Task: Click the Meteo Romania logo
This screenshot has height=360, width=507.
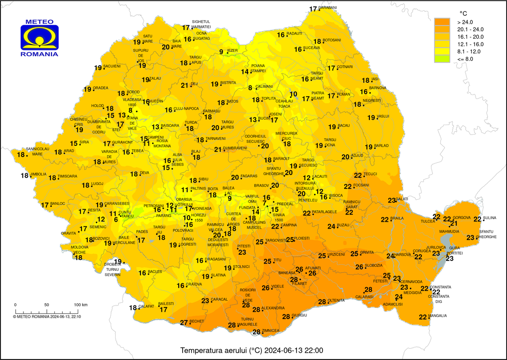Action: click(x=40, y=38)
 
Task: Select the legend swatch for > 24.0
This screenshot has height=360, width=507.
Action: click(x=442, y=22)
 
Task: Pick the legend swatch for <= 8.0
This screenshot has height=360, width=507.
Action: click(x=442, y=58)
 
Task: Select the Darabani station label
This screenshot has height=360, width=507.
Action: click(x=328, y=8)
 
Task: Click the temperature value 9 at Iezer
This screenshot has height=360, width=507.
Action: click(x=221, y=52)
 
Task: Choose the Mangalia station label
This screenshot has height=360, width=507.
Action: click(x=438, y=316)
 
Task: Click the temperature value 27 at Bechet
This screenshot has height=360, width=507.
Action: click(x=184, y=323)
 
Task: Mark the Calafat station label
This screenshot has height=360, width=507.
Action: click(x=146, y=306)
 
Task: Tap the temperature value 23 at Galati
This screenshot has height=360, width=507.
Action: click(x=392, y=200)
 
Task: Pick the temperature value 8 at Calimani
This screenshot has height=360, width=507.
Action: click(x=250, y=88)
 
